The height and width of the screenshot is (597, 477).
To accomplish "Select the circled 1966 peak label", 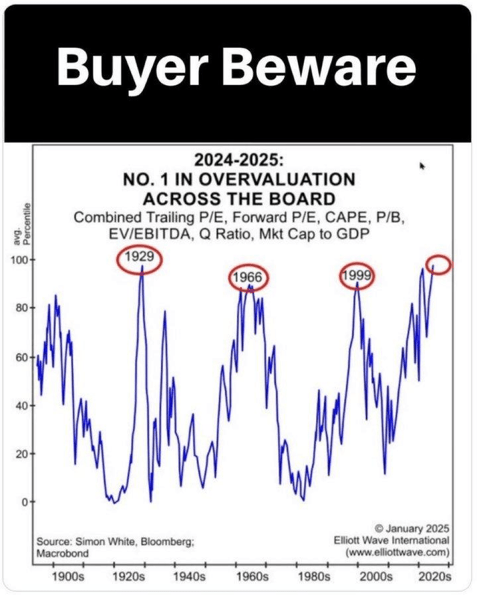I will click(247, 279).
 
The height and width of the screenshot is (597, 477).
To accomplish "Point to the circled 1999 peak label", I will click(356, 277).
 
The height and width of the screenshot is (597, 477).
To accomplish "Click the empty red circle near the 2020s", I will click(440, 265).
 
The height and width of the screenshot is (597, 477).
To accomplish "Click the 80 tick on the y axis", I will click(22, 308).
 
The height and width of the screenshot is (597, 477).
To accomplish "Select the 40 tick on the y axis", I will click(22, 405).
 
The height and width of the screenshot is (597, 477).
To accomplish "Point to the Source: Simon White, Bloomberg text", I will click(115, 543).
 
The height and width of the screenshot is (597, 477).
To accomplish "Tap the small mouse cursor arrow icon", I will click(423, 166).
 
